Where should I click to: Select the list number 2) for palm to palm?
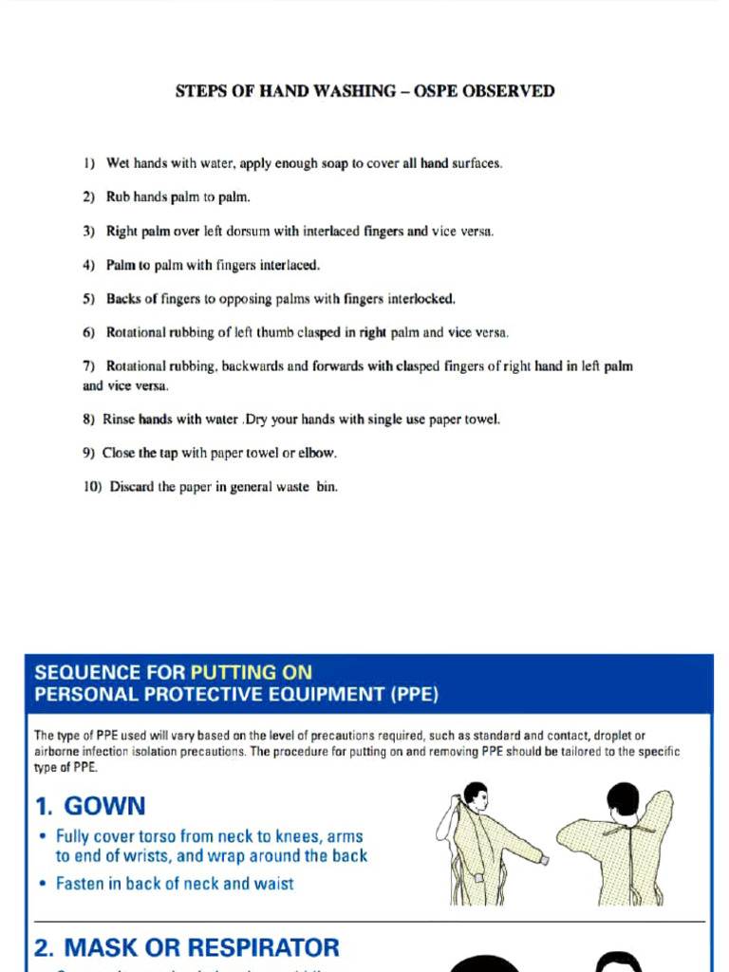click(89, 197)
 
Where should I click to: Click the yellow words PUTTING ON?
click(251, 673)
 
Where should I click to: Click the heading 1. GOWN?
click(90, 807)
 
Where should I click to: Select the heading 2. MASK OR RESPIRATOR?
click(186, 947)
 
